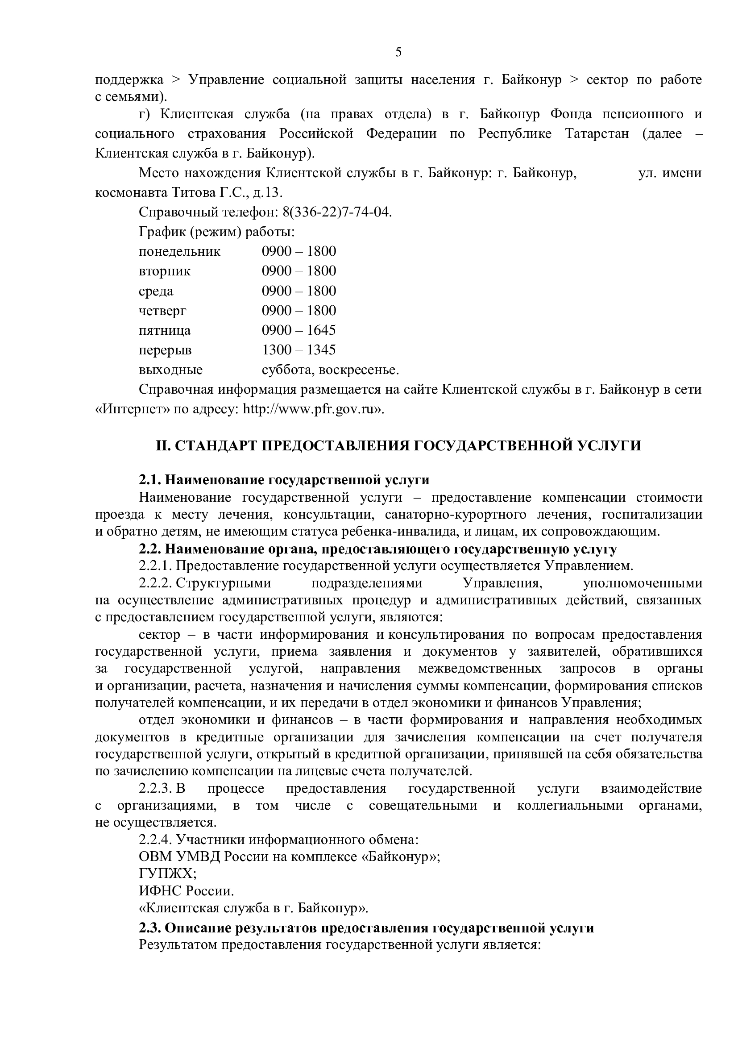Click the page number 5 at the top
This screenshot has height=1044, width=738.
click(x=398, y=52)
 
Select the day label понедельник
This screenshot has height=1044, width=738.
click(x=179, y=251)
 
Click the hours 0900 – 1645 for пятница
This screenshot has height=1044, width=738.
click(x=299, y=330)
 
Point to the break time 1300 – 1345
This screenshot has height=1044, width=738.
click(x=299, y=350)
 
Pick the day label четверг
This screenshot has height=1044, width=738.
click(x=162, y=311)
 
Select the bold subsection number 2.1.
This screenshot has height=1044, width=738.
click(x=149, y=480)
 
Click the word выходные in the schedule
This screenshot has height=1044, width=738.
click(x=170, y=370)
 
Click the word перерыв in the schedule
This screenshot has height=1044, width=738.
click(x=165, y=350)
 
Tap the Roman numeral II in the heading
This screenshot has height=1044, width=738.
click(x=162, y=445)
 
